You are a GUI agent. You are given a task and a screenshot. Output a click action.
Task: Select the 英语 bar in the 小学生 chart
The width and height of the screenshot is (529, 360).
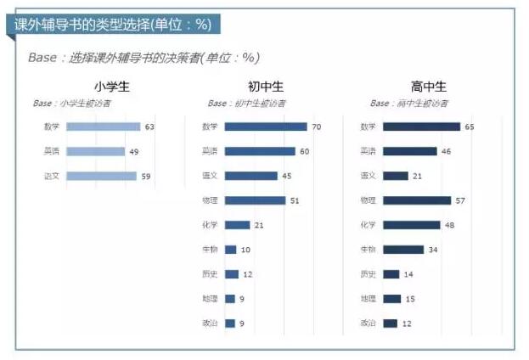95,152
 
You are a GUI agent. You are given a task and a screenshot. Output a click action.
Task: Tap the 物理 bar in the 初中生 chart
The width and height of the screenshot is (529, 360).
255,200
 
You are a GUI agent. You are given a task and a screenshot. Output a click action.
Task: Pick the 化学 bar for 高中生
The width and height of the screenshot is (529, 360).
411,225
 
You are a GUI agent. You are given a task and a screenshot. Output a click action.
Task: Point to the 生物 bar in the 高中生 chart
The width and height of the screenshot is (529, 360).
402,250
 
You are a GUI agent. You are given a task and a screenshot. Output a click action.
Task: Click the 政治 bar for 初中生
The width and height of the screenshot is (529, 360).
230,323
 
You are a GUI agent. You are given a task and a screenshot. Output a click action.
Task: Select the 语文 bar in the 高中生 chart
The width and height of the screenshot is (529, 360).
396,176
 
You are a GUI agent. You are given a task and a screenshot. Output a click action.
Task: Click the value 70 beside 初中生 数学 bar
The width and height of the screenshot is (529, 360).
317,127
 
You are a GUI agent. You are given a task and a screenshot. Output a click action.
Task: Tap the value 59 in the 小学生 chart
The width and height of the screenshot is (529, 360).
146,177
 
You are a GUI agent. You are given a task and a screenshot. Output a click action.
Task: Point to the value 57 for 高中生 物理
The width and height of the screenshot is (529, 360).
461,200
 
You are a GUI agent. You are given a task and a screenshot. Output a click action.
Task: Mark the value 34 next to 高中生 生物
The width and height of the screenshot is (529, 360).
433,250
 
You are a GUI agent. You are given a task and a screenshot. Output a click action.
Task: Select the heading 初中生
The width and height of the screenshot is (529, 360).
266,87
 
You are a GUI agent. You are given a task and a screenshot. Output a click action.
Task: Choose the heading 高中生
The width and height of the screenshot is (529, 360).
428,87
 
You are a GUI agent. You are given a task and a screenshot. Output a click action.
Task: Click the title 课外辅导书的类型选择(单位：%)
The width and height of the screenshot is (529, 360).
113,25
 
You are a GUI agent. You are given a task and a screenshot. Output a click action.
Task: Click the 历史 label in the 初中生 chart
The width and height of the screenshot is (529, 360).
210,274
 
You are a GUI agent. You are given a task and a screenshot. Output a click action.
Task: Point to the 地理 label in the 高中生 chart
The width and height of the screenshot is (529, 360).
368,299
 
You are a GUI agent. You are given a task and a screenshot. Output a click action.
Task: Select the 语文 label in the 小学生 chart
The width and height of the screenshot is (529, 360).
52,177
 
